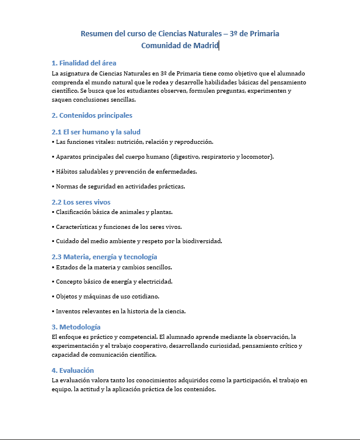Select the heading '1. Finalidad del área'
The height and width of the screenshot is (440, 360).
point(84,63)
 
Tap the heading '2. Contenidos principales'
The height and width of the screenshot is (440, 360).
point(92,115)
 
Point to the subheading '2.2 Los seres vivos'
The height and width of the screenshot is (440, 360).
point(81,202)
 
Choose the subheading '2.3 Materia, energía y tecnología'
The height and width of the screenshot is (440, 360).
point(104,257)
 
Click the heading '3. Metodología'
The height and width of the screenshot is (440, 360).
point(76,327)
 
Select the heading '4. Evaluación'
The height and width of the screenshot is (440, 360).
point(72,370)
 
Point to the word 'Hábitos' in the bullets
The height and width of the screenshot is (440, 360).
point(67,172)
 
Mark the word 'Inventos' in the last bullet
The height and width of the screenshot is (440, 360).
point(69,311)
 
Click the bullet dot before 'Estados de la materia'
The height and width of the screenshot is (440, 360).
point(53,268)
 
